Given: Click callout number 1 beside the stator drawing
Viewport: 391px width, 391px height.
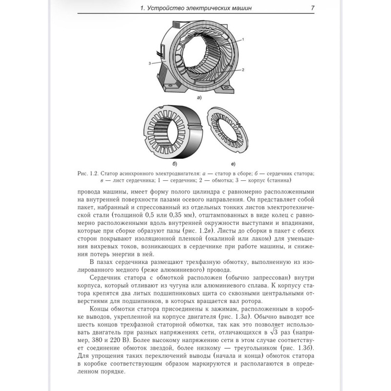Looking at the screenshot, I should [x=243, y=39].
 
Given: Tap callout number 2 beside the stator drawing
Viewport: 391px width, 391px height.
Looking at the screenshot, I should [x=243, y=69].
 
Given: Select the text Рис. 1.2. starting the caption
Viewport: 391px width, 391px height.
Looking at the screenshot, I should [x=88, y=173].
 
